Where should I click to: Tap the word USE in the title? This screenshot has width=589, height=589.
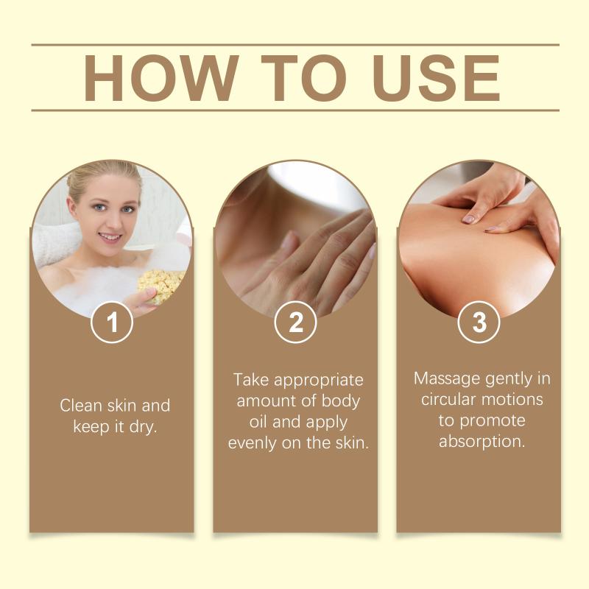[437, 78]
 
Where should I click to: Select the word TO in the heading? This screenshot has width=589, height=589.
[303, 78]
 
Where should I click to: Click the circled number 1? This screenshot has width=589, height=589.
[112, 322]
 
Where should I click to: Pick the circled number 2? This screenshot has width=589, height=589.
[295, 322]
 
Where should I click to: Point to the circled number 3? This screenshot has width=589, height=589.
[479, 322]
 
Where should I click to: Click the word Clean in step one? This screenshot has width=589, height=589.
[82, 406]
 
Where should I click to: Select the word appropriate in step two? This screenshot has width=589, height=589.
[319, 381]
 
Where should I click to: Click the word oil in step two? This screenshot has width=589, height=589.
[258, 422]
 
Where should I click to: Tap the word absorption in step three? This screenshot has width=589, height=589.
[482, 442]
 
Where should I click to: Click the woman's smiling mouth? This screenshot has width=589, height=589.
[110, 238]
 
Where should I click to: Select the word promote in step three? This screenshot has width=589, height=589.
[493, 421]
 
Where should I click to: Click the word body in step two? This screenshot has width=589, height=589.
[341, 401]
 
